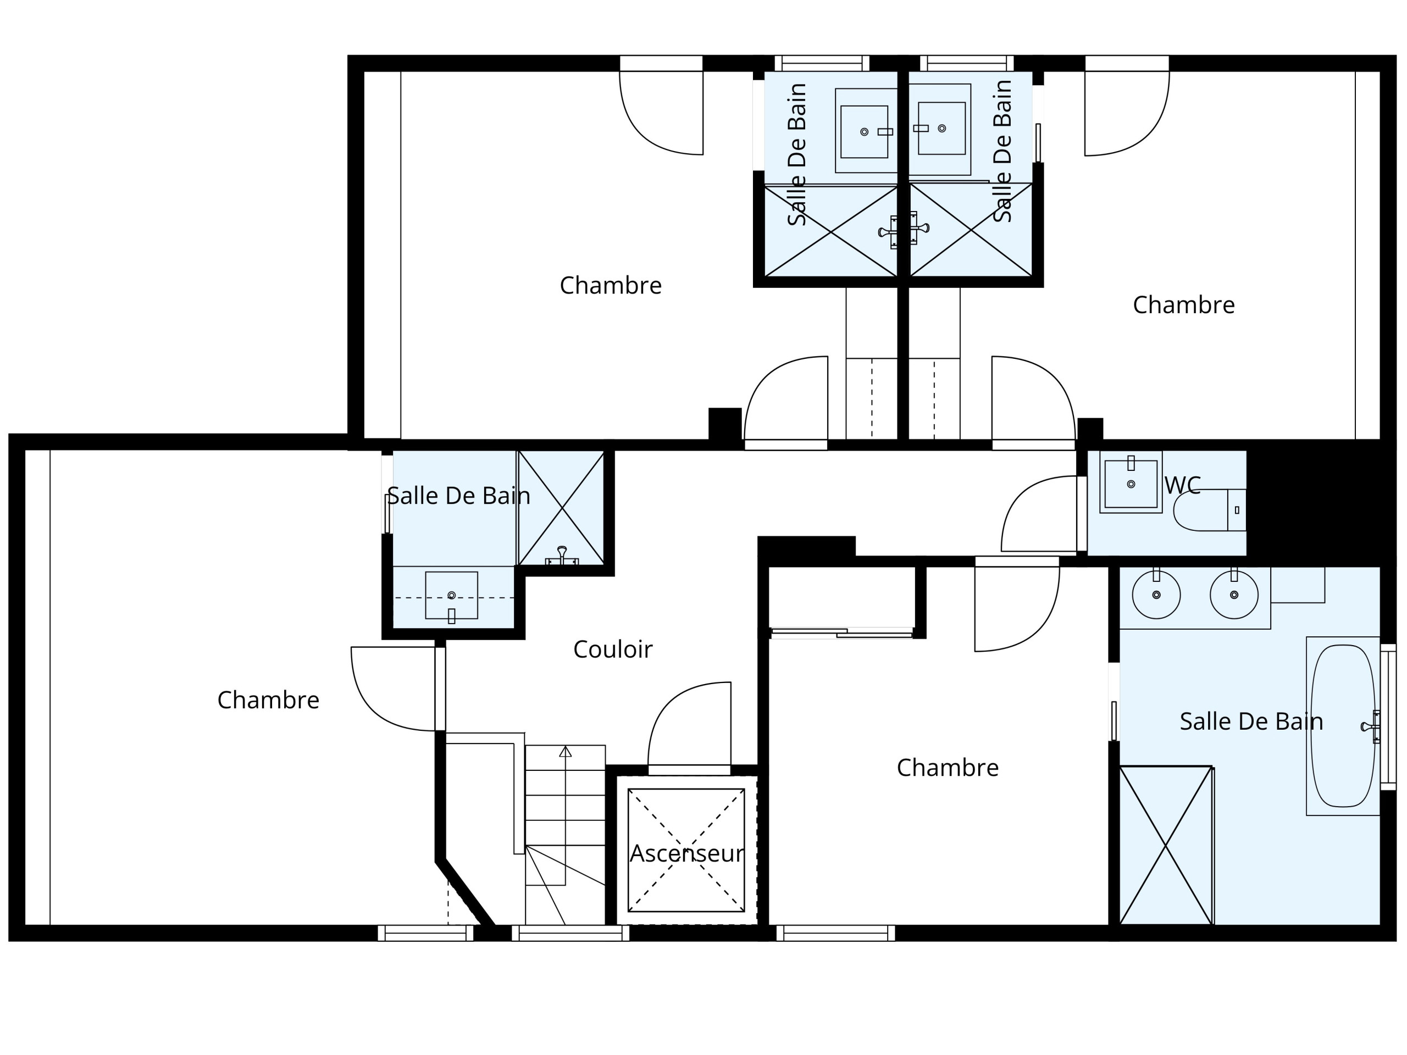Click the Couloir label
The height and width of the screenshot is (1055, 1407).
pyautogui.click(x=613, y=649)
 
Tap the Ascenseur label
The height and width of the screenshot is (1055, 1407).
pyautogui.click(x=686, y=853)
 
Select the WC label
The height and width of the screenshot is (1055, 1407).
pyautogui.click(x=1182, y=486)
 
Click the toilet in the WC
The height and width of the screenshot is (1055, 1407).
pyautogui.click(x=1209, y=510)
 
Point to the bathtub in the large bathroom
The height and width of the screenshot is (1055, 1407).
pyautogui.click(x=1343, y=726)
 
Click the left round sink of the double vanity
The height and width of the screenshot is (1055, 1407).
pyautogui.click(x=1156, y=595)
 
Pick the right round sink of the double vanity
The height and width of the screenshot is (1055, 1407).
pyautogui.click(x=1234, y=595)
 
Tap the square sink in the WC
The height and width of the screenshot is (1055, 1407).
pyautogui.click(x=1131, y=484)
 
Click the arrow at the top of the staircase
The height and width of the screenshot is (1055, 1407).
pyautogui.click(x=565, y=752)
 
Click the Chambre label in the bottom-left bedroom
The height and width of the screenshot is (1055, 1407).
pyautogui.click(x=268, y=700)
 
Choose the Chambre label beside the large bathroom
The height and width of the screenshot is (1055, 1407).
pyautogui.click(x=948, y=768)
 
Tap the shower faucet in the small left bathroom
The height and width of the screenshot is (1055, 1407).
pyautogui.click(x=562, y=555)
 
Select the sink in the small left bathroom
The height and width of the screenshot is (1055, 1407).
pyautogui.click(x=452, y=595)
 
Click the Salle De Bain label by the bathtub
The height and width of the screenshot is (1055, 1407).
pyautogui.click(x=1251, y=722)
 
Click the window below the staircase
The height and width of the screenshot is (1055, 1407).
pyautogui.click(x=570, y=933)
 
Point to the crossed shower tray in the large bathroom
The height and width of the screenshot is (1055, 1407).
pyautogui.click(x=1166, y=846)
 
